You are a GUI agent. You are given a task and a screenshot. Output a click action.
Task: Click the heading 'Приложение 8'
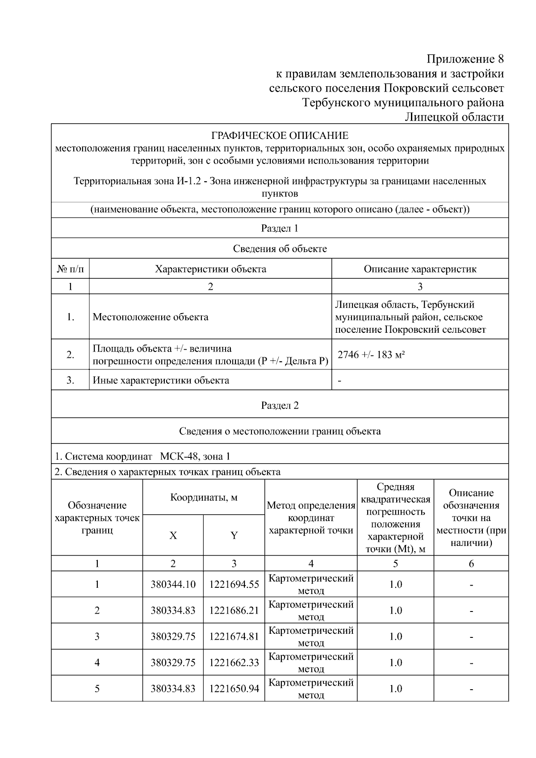465,59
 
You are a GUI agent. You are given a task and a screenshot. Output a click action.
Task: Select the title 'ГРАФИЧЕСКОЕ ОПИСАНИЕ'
280,135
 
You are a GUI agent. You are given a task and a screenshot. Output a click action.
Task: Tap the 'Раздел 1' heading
280,228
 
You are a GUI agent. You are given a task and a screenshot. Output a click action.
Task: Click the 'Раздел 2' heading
280,405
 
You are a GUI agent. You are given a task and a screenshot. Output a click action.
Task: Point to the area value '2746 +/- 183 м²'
371,355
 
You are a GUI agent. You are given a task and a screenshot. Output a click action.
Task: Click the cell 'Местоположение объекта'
151,317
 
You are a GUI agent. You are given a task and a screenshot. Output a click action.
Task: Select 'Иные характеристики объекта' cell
161,381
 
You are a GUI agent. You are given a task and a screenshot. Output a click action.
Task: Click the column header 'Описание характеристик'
420,269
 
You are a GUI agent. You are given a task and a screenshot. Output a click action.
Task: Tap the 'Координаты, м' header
204,498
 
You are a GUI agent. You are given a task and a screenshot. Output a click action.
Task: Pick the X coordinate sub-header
173,535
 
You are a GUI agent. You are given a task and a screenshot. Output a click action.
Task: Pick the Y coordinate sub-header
234,535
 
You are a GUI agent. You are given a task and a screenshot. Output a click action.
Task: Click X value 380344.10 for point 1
173,584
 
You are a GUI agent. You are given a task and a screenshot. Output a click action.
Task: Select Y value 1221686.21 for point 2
234,610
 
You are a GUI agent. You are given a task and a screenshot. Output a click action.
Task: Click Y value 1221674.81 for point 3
234,637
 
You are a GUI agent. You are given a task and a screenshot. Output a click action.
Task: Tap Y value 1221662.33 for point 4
234,662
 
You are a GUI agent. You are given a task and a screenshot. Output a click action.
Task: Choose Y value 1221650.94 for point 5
234,689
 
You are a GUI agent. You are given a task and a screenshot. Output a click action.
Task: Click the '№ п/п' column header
70,269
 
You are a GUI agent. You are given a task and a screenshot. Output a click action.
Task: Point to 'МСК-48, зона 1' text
195,456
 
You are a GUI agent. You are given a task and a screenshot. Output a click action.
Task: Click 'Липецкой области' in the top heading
454,117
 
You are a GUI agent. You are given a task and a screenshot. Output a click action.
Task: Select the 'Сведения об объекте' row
280,249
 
